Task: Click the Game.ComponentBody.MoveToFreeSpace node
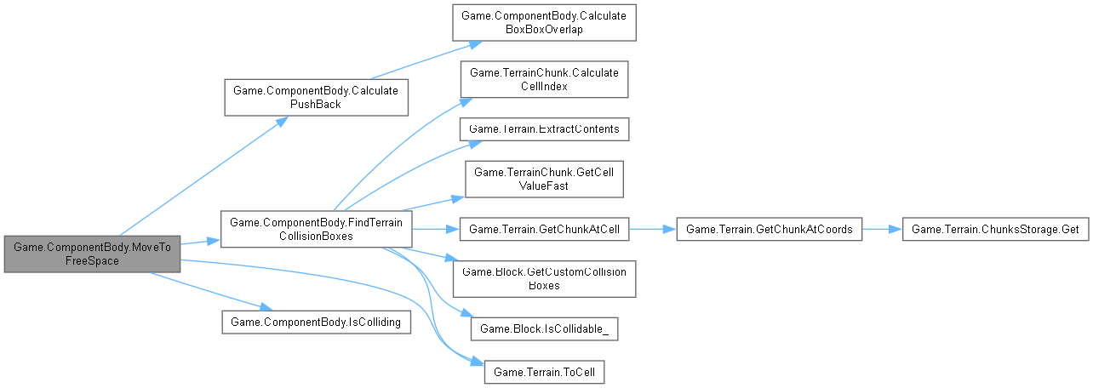pos(92,254)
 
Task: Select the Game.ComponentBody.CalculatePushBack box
pos(317,97)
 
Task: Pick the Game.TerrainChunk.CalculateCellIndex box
pos(544,79)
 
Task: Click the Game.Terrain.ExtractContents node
pos(544,129)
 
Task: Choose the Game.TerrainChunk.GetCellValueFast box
pos(544,179)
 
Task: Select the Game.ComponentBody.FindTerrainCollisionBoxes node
pos(317,230)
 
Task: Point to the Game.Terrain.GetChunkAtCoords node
pos(769,229)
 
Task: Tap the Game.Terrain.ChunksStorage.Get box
pos(994,229)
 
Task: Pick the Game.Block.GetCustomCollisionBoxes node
pos(544,278)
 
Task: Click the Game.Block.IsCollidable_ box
pos(544,328)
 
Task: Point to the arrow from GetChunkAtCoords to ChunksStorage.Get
pos(881,229)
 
